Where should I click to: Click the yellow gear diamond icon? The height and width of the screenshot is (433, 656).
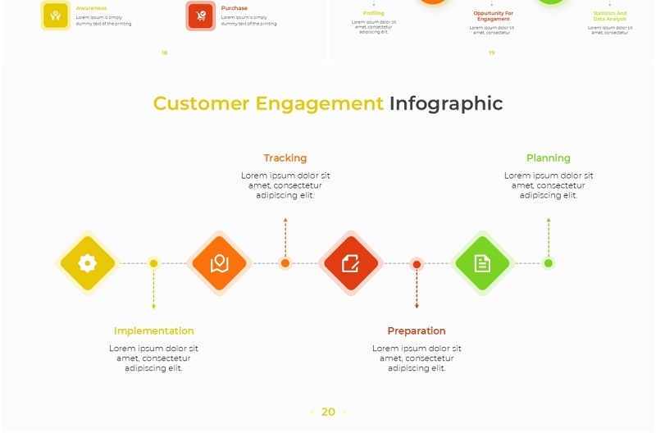click(x=88, y=263)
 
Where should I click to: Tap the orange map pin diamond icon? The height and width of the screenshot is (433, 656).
click(x=219, y=263)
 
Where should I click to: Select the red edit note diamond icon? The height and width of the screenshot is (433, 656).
click(x=351, y=263)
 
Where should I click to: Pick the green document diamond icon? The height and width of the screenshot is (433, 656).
click(x=482, y=263)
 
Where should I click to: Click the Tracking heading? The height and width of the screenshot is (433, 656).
click(x=285, y=158)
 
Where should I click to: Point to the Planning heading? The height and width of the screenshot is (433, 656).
click(x=548, y=158)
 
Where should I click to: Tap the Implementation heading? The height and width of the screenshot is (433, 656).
click(x=153, y=331)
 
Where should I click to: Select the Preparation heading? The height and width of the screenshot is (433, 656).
click(x=417, y=331)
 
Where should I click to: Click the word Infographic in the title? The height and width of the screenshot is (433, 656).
click(x=446, y=103)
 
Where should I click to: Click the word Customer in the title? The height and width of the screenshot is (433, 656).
click(x=201, y=103)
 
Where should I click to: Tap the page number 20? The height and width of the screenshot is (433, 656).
click(x=328, y=412)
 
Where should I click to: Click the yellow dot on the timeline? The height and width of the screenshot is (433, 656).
click(x=153, y=263)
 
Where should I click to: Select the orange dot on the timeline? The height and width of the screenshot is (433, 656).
click(x=285, y=263)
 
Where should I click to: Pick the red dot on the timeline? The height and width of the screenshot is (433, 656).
click(x=417, y=264)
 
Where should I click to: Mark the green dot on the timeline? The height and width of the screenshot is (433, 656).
click(x=549, y=263)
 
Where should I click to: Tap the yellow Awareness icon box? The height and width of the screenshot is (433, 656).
click(x=56, y=16)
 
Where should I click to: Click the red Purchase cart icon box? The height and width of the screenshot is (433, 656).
click(x=201, y=16)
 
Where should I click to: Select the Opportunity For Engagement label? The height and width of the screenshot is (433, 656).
click(x=493, y=16)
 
